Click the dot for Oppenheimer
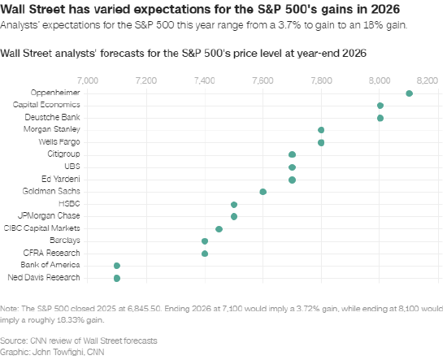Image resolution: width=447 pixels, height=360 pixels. click(409, 93)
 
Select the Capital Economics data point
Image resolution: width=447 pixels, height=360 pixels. click(380, 106)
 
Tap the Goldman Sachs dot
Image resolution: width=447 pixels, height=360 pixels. click(263, 192)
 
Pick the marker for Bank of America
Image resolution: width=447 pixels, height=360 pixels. click(117, 266)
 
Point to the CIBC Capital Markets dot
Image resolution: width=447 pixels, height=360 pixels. click(219, 229)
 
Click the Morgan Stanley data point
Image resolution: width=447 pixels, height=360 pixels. click(321, 130)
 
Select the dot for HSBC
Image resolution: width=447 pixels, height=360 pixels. click(234, 205)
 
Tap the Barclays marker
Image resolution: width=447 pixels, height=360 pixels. click(205, 241)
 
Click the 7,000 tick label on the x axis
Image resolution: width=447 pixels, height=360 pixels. click(87, 81)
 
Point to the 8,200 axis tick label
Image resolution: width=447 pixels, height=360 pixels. click(427, 81)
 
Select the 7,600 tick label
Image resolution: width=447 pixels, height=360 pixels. click(263, 81)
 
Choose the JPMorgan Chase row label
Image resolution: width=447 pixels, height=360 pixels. click(50, 216)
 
